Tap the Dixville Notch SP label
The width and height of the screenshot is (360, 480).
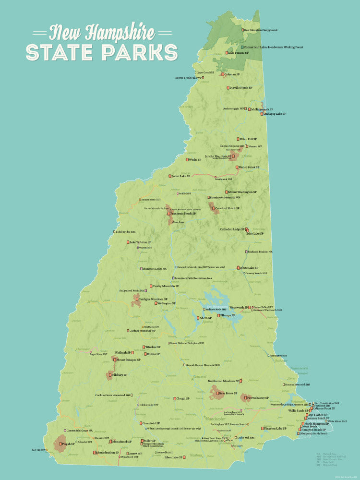[x=241, y=88]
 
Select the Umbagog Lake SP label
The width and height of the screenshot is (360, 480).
[x=275, y=114]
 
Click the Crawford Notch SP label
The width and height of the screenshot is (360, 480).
[x=228, y=208]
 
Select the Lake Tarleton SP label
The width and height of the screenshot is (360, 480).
[x=141, y=242]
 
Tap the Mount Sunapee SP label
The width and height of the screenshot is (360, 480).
[x=129, y=360]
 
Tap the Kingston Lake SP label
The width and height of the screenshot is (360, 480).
[x=275, y=428]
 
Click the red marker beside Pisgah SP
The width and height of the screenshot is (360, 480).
[x=61, y=444]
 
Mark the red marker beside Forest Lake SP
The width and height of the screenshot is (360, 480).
[x=169, y=176]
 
